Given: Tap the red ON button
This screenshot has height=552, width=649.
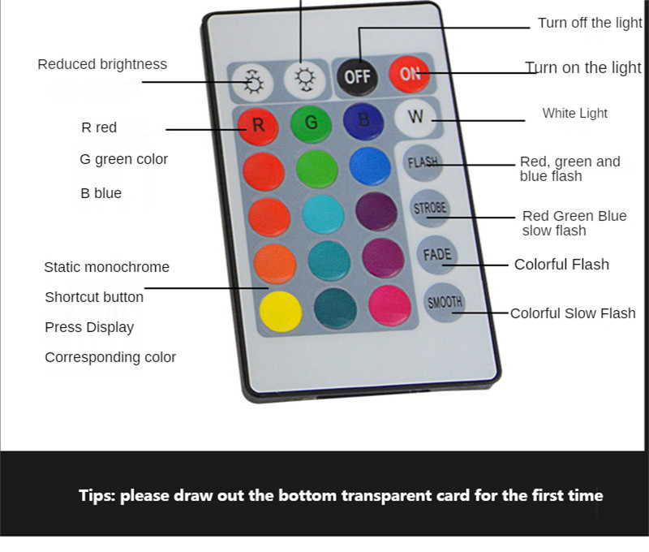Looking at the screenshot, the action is click(410, 74).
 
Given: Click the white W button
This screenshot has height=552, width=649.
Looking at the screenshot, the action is click(415, 118).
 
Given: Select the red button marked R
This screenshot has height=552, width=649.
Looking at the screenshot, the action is click(258, 127).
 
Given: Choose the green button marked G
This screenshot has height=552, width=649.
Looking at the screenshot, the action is click(311, 123).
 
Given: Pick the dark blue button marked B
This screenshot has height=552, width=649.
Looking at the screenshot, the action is click(363, 121).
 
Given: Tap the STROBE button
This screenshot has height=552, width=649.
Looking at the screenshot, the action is click(430, 208).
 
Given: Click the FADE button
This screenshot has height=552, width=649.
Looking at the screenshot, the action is click(437, 254).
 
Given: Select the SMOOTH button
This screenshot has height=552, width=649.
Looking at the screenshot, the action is click(445, 302).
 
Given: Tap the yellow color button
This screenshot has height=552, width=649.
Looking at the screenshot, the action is click(281, 312).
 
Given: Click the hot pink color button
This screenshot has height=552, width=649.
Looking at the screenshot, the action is click(389, 305).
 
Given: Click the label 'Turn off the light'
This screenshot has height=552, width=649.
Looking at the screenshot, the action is click(590, 24).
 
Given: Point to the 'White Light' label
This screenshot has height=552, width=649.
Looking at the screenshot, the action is click(575, 113).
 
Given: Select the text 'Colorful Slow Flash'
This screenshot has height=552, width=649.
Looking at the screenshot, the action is click(573, 313).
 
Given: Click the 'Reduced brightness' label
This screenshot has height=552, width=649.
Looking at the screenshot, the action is click(102, 65).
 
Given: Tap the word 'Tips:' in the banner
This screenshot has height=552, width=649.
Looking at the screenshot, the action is click(97, 496).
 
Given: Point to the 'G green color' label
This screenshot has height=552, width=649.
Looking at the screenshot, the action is click(124, 159).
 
